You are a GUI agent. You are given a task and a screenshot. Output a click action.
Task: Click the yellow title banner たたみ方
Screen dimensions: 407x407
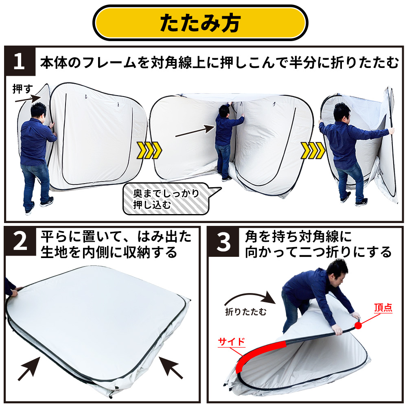(x=200, y=22)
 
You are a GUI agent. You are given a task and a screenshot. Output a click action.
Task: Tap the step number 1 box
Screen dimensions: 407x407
(x=20, y=61)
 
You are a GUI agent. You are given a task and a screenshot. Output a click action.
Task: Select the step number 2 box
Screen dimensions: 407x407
(x=20, y=241)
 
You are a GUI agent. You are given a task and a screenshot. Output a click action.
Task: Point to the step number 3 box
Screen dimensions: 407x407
(x=223, y=242)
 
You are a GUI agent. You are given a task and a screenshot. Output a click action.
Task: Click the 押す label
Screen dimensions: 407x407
(x=22, y=89)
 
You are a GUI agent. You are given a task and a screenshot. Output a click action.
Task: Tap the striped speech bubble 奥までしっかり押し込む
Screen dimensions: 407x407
(x=171, y=199)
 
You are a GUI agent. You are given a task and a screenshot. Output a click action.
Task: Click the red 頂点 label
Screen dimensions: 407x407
(x=383, y=308)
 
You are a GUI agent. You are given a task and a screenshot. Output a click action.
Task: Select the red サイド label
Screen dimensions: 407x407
(x=232, y=341)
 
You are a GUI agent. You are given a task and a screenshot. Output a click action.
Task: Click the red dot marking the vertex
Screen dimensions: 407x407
(x=358, y=326)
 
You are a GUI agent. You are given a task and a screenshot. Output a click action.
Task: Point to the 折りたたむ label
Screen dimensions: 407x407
(x=245, y=311)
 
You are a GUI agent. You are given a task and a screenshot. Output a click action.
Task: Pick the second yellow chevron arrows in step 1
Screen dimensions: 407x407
(x=313, y=150)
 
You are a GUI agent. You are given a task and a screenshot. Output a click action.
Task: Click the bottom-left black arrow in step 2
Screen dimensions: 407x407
(x=28, y=369)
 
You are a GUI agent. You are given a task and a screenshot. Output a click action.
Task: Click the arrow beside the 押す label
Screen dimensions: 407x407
(x=28, y=98)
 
